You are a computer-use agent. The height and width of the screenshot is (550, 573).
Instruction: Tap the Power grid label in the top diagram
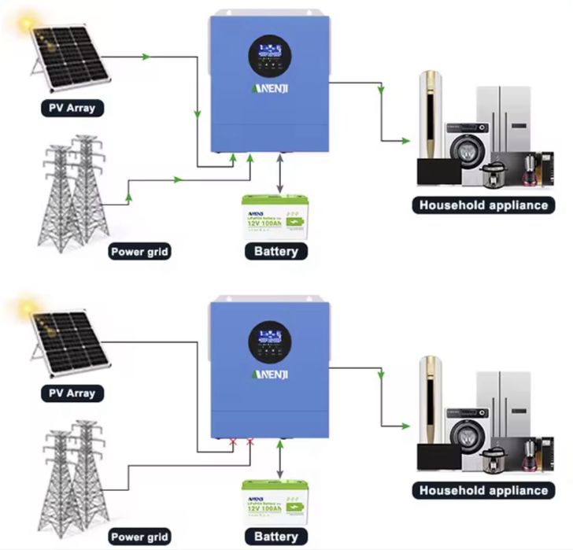point(139,253)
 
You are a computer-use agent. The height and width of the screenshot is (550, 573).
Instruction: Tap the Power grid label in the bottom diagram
point(139,537)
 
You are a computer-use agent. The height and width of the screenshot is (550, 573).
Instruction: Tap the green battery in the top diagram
point(273,213)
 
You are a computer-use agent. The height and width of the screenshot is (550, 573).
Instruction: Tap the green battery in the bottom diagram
point(273,499)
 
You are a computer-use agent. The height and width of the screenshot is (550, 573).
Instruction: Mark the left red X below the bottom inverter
point(232,443)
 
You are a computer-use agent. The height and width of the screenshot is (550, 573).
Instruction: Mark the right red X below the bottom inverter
point(250,443)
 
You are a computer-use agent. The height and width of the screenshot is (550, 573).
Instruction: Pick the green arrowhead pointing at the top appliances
point(405,142)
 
